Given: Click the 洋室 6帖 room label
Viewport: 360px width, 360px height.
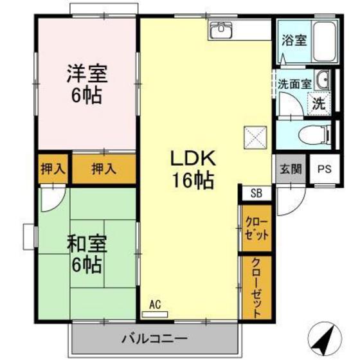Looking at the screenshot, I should point(86,84).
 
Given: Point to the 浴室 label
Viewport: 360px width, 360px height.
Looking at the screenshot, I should point(293,40).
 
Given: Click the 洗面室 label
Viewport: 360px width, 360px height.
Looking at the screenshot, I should point(294,84).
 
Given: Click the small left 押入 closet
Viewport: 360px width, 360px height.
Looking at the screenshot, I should point(53,169).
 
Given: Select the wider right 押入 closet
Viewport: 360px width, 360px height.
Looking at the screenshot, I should point(104,169).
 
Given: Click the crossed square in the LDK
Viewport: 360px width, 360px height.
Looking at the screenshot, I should point(251,136).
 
